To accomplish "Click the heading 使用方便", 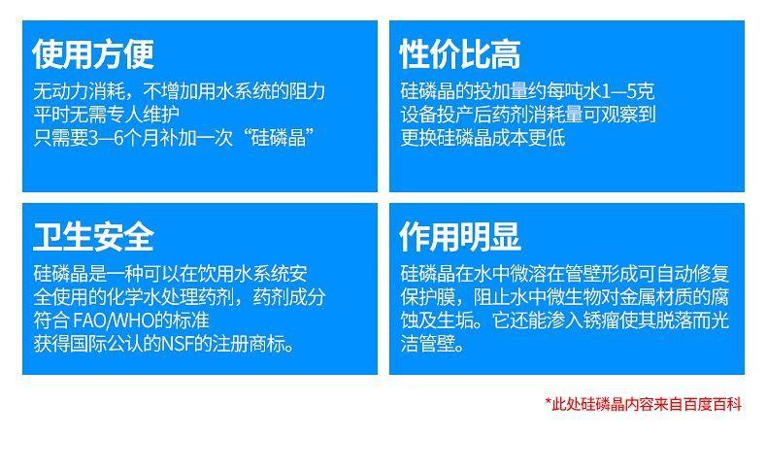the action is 93,53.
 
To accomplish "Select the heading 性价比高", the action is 460,53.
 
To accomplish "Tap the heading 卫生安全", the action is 93,237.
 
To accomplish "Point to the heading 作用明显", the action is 460,237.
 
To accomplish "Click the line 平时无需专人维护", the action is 107,115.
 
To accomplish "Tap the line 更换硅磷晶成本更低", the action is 483,138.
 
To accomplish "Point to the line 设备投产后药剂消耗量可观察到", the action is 528,115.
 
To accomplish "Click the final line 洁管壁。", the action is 432,345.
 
